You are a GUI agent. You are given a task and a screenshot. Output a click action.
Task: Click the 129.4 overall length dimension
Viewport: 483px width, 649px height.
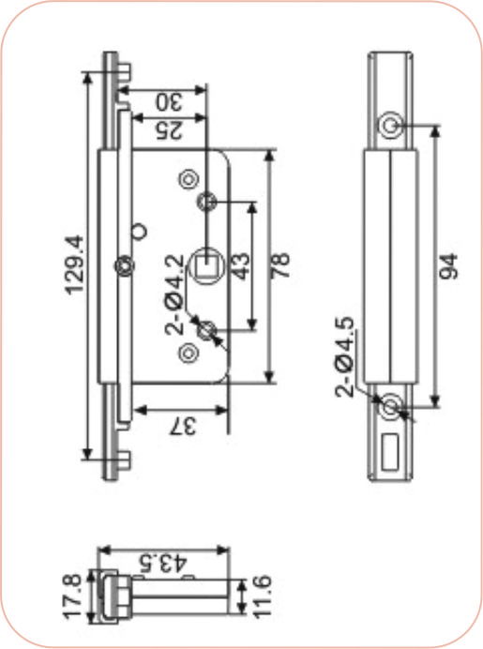tap(76, 264)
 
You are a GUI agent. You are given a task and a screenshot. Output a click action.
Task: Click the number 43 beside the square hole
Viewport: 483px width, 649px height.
tap(241, 265)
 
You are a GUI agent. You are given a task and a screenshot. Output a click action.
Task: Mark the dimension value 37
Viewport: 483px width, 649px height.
tap(184, 427)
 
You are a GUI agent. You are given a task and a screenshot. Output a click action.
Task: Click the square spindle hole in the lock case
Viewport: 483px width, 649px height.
tap(206, 264)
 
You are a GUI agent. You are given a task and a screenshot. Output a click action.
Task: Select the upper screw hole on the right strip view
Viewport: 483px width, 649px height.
tap(391, 125)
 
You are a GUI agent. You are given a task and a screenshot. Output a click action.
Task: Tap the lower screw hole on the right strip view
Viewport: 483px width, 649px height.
tap(391, 407)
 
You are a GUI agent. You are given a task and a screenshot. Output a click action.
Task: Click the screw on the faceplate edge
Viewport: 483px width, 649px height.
tap(123, 265)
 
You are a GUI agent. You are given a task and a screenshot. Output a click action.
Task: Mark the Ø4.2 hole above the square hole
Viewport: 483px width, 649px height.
tap(207, 201)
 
